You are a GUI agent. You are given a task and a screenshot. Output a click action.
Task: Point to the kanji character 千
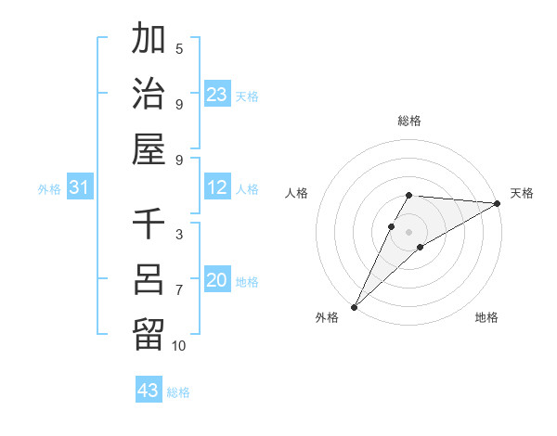point(149,225)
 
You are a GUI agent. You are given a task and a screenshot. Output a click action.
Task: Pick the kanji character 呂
point(149,280)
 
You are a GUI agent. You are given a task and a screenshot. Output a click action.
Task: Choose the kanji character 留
point(149,334)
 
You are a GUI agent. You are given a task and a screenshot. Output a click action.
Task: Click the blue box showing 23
point(217,95)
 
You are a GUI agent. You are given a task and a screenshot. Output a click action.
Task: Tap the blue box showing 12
point(217,188)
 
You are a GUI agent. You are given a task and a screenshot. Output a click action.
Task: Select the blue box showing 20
point(217,281)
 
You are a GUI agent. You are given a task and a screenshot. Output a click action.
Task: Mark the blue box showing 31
point(79,188)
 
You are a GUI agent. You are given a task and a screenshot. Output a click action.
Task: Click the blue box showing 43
point(149,391)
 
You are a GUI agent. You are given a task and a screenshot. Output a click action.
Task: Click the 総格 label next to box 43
point(178,392)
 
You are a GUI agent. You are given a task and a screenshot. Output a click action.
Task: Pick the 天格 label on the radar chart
point(522,193)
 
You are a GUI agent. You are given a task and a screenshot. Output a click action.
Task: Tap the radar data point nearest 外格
point(354,307)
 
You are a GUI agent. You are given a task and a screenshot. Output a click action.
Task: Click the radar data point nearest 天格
point(497,203)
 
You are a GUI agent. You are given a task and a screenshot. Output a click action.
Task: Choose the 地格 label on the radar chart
point(486,318)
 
